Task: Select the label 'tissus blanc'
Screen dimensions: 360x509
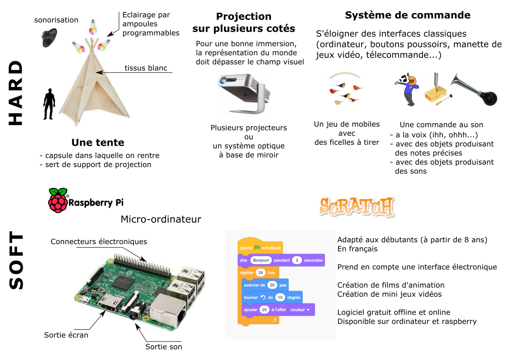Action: [x=146, y=68]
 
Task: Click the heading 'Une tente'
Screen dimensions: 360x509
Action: [x=98, y=143]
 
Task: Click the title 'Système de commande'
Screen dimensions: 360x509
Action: [x=407, y=15]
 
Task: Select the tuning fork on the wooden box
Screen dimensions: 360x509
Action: [x=437, y=86]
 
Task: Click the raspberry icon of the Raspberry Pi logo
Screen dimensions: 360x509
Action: [x=57, y=200]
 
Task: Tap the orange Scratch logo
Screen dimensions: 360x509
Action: [x=356, y=207]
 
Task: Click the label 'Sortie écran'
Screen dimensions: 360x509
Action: [x=66, y=335]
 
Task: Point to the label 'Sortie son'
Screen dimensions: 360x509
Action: [x=163, y=347]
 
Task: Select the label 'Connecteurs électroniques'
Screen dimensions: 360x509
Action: [x=99, y=241]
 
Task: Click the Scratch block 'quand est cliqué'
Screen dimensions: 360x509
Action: [x=260, y=248]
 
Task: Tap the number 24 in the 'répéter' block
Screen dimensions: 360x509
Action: [x=260, y=273]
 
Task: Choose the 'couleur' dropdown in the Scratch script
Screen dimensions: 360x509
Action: [x=301, y=310]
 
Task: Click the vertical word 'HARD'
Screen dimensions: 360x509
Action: [x=16, y=93]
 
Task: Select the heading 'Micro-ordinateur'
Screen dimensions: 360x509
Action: [x=161, y=220]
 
